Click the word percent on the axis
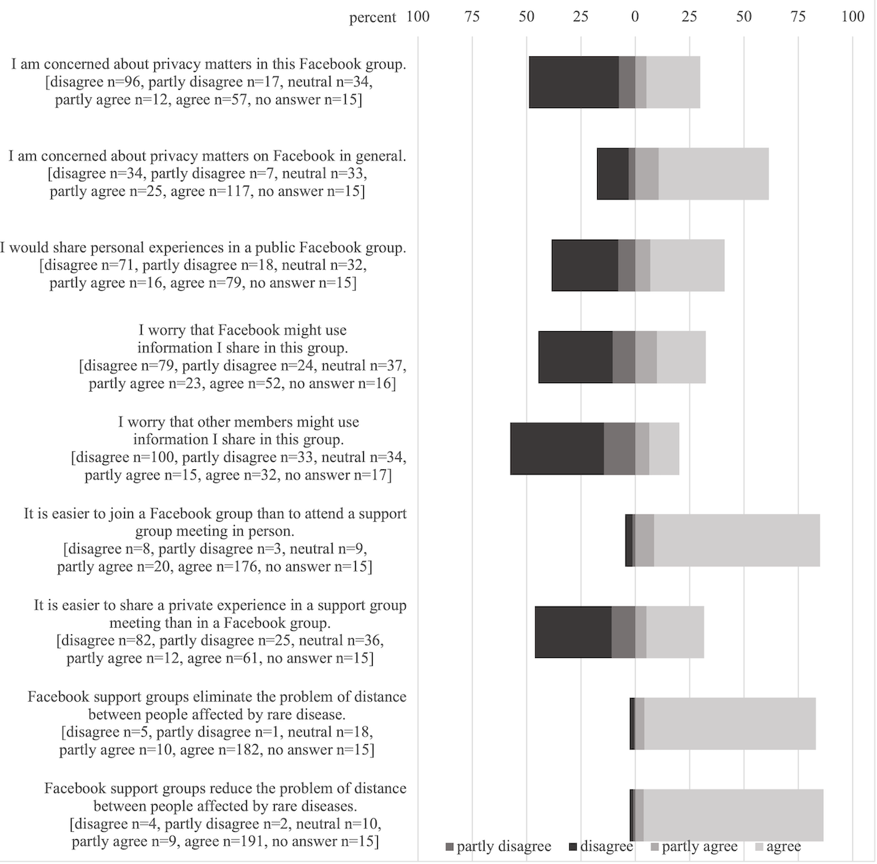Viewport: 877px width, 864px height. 373,18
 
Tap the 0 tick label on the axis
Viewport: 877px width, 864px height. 635,17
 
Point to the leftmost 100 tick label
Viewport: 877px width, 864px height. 418,17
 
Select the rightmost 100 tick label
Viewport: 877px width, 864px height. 853,17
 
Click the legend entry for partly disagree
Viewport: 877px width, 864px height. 498,846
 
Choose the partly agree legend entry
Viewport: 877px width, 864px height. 694,846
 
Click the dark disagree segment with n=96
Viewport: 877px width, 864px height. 574,83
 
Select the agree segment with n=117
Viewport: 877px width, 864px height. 713,174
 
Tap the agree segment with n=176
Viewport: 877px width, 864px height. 737,540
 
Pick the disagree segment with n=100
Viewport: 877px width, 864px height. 557,449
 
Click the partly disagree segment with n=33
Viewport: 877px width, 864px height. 620,449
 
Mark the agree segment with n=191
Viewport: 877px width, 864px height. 733,815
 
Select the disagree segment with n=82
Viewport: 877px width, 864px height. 574,632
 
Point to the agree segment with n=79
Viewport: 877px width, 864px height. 687,265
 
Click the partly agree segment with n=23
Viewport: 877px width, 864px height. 646,357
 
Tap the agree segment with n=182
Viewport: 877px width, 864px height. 730,724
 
